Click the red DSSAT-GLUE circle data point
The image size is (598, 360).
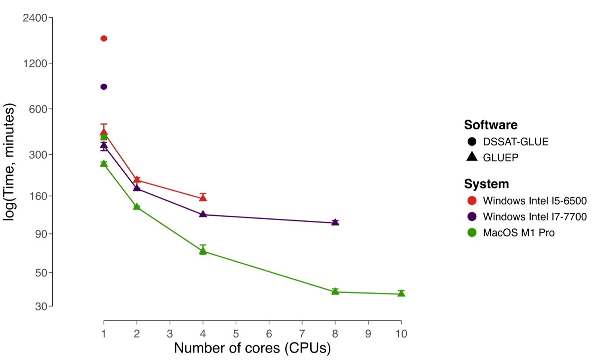point(104,38)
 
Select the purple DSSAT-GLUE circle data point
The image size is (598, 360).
point(104,87)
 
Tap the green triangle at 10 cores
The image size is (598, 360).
point(401,294)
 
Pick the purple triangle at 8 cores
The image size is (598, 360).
point(335,222)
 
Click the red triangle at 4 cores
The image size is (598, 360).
point(203,197)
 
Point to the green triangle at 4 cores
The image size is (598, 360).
point(203,250)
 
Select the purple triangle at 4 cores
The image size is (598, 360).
point(203,214)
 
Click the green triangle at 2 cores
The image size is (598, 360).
point(137,207)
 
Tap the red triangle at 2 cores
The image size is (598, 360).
point(137,180)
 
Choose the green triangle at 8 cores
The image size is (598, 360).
point(335,291)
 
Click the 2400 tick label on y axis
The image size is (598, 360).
point(35,18)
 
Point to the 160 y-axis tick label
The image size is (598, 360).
point(38,196)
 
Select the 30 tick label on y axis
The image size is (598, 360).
point(41,306)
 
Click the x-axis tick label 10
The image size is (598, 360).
point(401,334)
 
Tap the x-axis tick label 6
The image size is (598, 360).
point(269,334)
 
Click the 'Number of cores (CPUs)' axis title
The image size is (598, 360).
point(252,348)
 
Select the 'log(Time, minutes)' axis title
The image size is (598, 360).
point(9,162)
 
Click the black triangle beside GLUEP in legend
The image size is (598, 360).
point(472,157)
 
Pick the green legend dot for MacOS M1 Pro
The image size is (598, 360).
point(472,232)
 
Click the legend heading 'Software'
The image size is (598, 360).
point(491,125)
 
